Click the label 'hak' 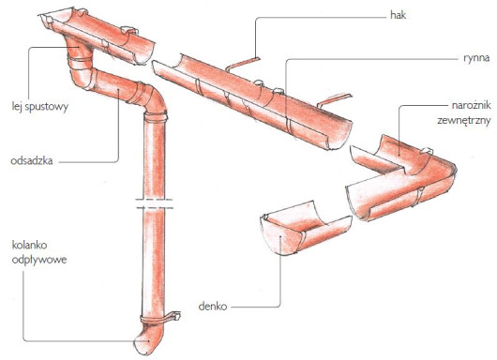tap(399, 15)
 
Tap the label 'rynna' tap(476, 58)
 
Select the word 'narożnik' tap(472, 105)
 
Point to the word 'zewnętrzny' tap(464, 120)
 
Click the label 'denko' tap(213, 307)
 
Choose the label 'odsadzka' tap(32, 160)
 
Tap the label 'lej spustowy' tap(40, 107)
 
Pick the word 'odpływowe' tap(39, 260)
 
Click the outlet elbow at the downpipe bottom tap(147, 337)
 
